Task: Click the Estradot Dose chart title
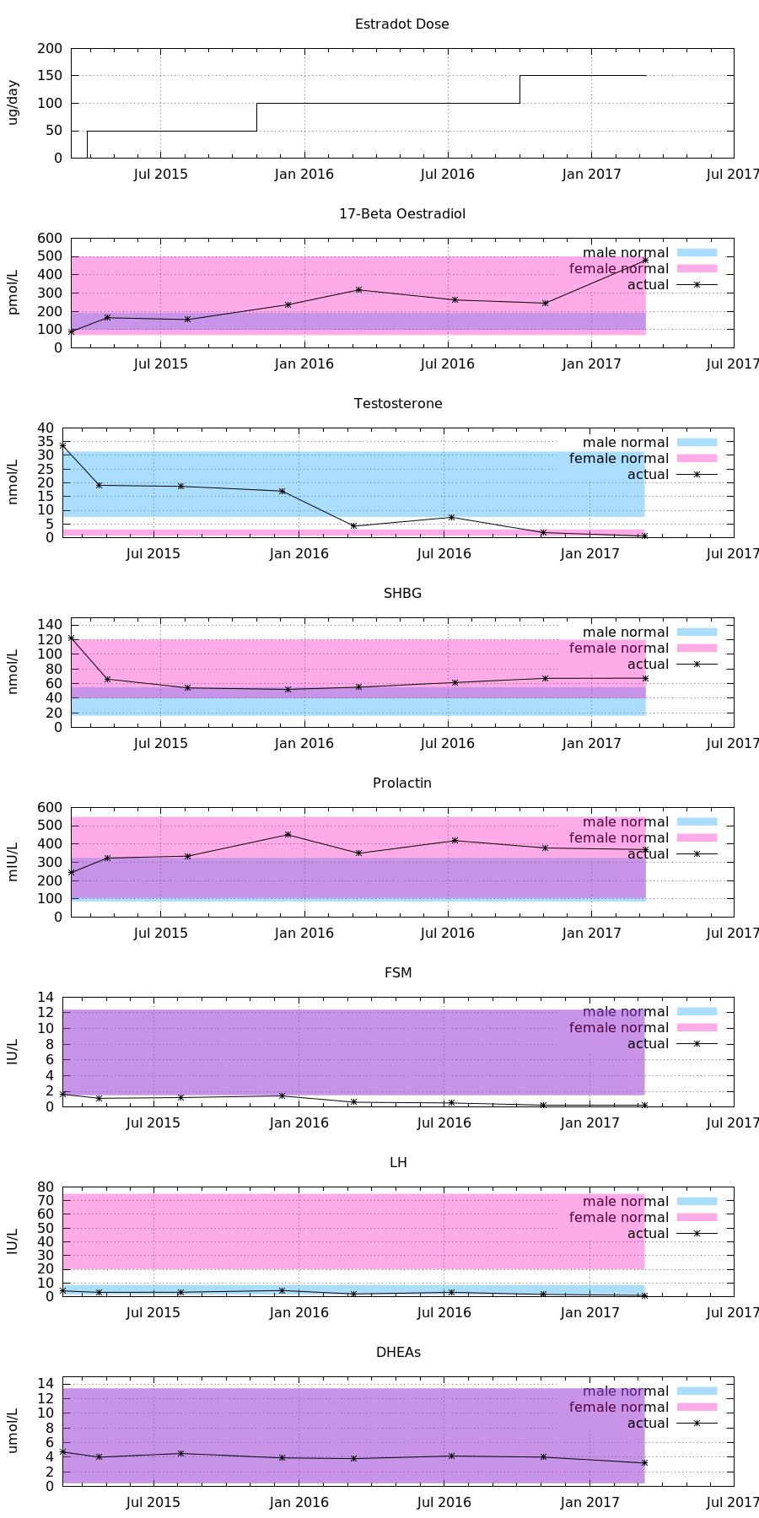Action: (x=401, y=24)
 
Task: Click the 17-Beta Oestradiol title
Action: (x=401, y=214)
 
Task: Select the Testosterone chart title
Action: (x=398, y=404)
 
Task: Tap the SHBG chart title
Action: (x=402, y=594)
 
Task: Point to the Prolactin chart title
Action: (x=402, y=783)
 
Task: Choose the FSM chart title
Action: (x=398, y=973)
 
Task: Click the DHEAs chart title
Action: (x=398, y=1353)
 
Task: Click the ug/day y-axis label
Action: (x=13, y=103)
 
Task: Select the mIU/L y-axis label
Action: (x=13, y=862)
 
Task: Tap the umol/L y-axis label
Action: (x=13, y=1431)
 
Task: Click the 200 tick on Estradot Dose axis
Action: (x=49, y=49)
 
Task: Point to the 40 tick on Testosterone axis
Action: (x=45, y=428)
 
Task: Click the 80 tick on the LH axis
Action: (x=45, y=1187)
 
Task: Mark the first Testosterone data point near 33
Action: (x=62, y=445)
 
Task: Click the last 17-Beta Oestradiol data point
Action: (x=645, y=260)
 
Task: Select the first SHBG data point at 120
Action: (x=71, y=638)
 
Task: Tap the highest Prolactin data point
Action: (x=288, y=835)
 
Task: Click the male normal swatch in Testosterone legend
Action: (x=697, y=442)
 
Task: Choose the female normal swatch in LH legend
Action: (x=697, y=1217)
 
